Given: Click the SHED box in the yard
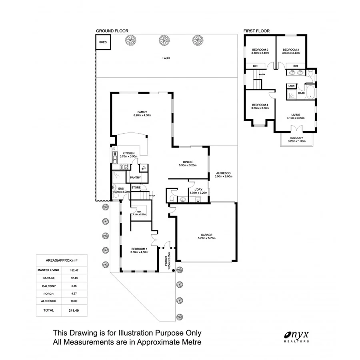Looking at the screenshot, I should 103,42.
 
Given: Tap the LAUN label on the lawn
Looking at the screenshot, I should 166,58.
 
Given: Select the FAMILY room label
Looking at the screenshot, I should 142,112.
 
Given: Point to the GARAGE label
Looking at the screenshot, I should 206,235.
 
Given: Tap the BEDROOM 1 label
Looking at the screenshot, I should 139,249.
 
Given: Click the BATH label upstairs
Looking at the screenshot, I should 301,93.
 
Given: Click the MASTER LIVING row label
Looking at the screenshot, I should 48,270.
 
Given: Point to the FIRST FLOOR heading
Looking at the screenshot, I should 257,31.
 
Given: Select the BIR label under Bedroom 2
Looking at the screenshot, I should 254,66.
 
